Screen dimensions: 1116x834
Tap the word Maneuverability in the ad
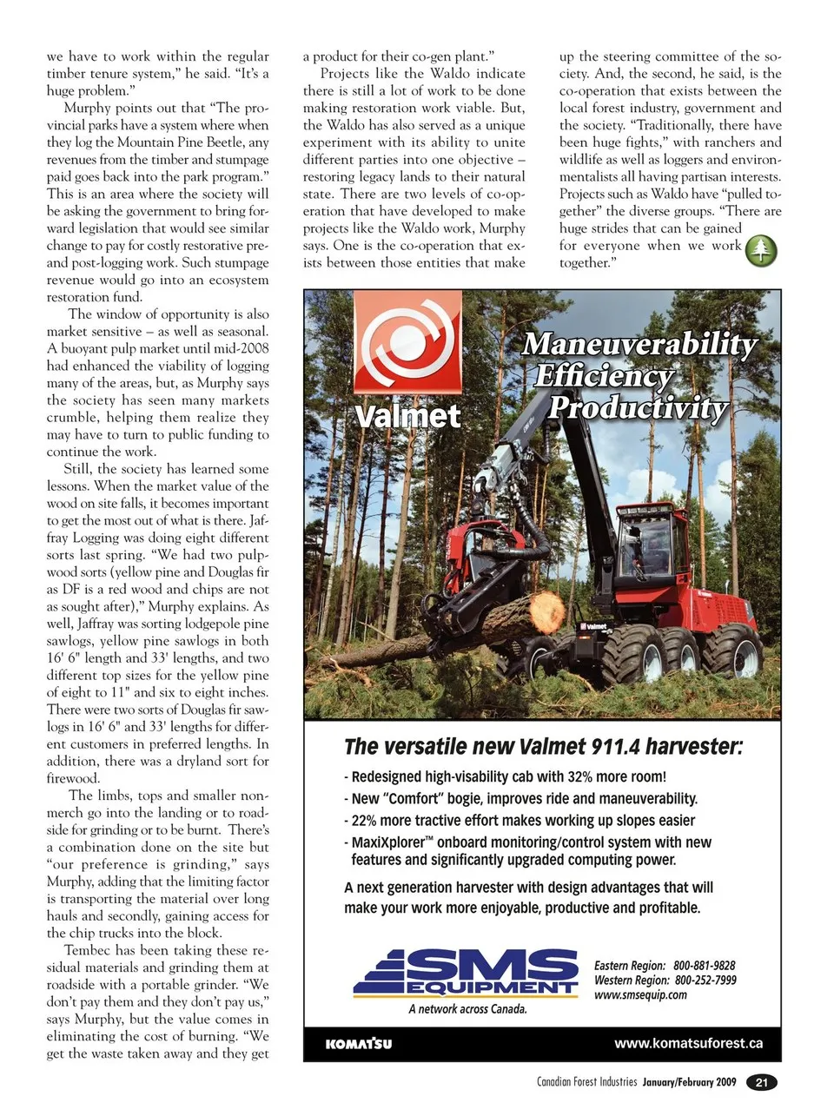tap(639, 344)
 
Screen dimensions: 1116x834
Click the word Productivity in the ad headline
tap(638, 407)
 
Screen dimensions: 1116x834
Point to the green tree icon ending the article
tap(761, 250)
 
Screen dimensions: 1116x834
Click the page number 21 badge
tap(762, 1082)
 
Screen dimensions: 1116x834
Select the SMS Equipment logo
tap(467, 972)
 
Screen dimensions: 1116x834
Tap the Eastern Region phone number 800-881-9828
tap(704, 966)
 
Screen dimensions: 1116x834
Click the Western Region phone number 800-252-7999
tap(705, 981)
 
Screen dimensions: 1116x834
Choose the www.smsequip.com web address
tap(640, 995)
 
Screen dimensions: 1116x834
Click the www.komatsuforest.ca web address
tap(688, 1043)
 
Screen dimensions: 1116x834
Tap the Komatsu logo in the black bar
tap(358, 1044)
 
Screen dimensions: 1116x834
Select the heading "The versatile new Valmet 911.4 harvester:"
tap(543, 747)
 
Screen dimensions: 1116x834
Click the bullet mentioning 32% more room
tap(507, 777)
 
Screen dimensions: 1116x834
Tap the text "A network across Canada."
tap(467, 1009)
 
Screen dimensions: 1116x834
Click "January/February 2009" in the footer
tap(689, 1083)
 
